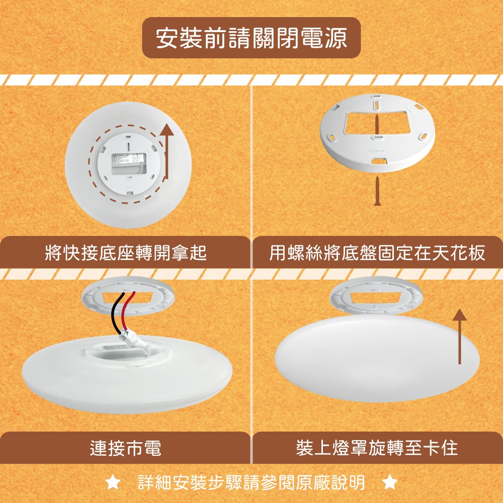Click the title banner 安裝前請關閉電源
coord(251,38)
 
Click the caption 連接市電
coord(125,447)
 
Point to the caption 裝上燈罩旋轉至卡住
coord(377,447)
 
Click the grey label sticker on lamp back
coord(128,163)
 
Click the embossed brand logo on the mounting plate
coord(378,150)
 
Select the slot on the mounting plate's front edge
coord(378,160)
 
